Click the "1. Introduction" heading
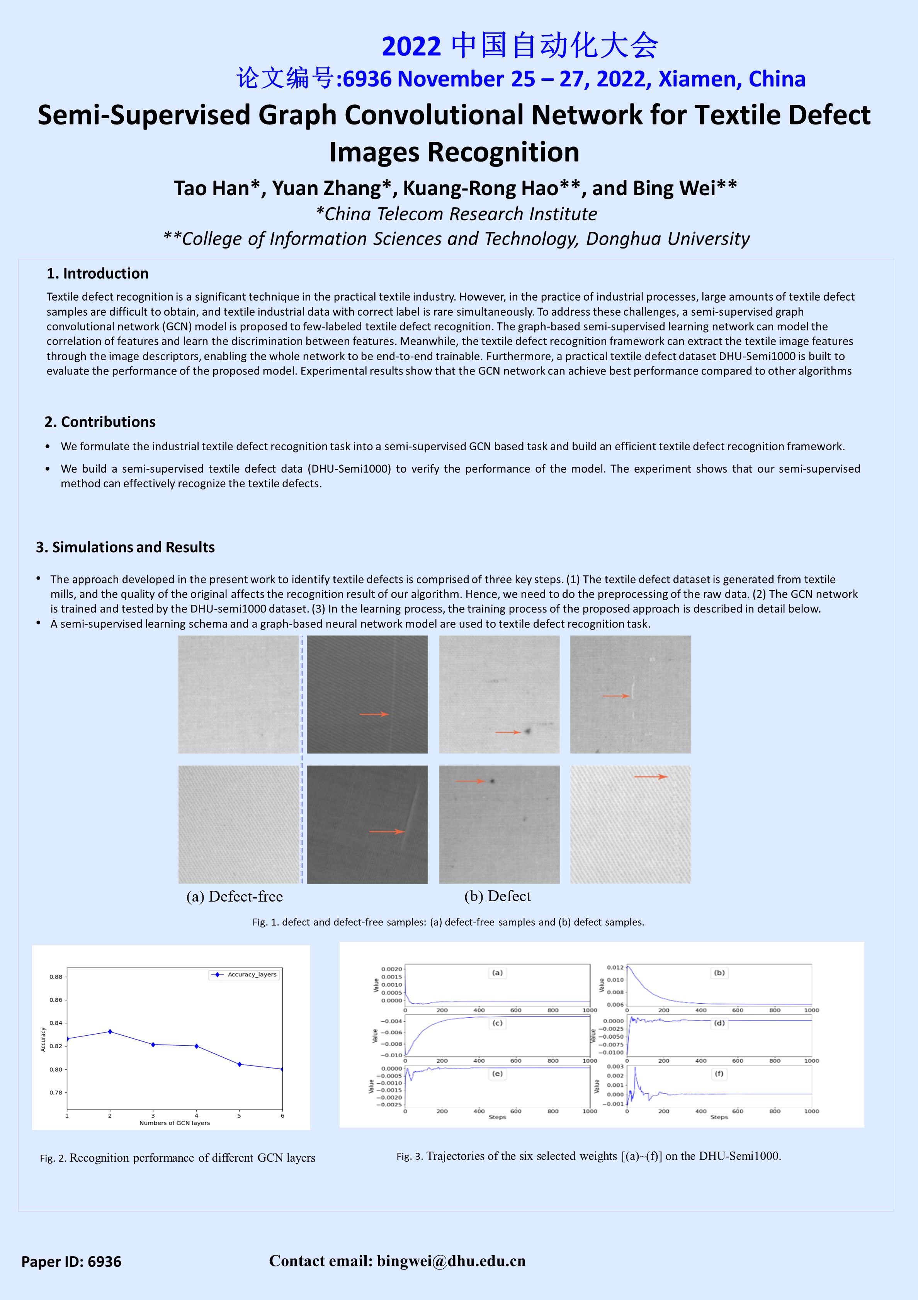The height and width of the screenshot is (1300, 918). coord(97,274)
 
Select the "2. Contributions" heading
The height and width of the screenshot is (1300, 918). coord(100,422)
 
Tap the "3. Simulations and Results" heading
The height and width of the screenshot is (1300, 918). coord(125,547)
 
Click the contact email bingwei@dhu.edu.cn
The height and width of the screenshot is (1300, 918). coord(451,1261)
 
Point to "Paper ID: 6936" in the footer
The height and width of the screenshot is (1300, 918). coord(71,1261)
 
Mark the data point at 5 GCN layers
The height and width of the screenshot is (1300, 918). coord(240,1064)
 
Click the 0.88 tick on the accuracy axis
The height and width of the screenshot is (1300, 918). coord(56,977)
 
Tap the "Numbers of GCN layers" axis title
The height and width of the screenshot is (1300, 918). coord(174,1123)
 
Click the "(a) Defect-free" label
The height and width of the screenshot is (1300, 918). coord(234,896)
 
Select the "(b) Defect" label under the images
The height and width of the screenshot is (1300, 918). coord(498,896)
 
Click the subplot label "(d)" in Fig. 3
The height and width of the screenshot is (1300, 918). coord(719,1023)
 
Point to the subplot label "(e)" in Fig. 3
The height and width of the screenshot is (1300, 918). coord(498,1074)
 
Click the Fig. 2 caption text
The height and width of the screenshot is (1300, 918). coord(178,1158)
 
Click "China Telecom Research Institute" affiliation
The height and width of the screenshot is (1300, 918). coord(460,214)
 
